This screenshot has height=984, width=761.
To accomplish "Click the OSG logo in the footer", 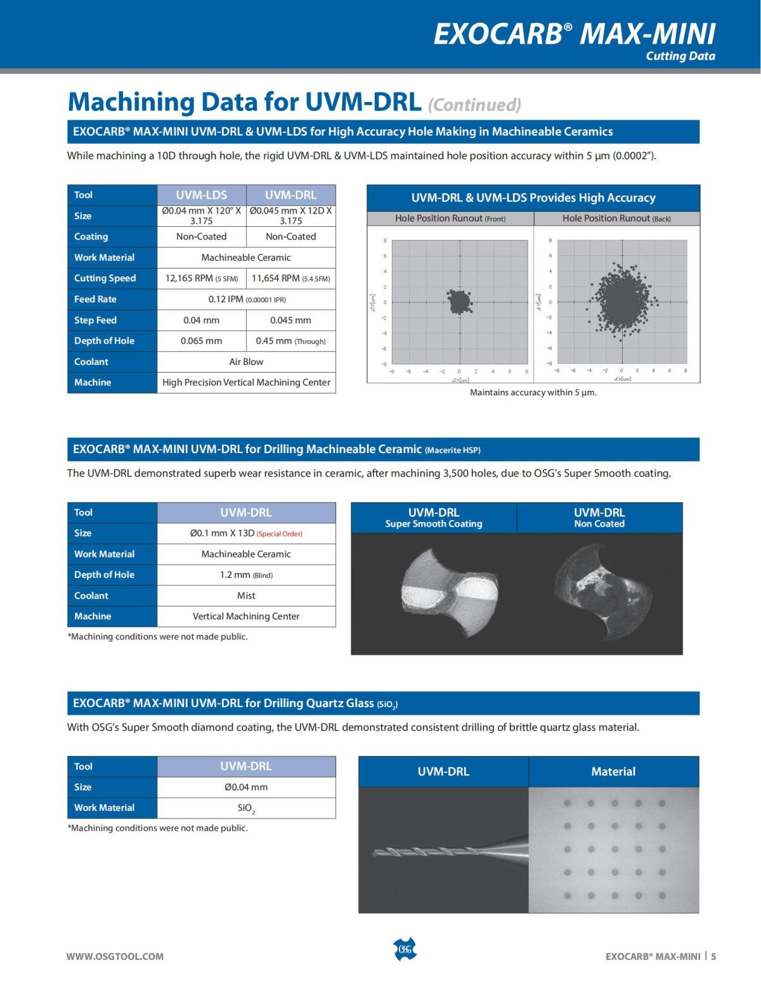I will point(405,949).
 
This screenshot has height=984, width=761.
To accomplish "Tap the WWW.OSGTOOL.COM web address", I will point(115,956).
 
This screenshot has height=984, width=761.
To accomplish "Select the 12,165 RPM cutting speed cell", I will point(201,278).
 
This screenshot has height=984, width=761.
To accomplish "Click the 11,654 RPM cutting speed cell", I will point(290,278).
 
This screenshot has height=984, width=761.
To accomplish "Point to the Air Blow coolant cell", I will point(246,362).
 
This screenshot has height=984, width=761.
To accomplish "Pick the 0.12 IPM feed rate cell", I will point(246,299).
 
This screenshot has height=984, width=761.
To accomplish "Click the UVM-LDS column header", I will point(201,195).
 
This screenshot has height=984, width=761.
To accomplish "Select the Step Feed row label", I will point(95,320).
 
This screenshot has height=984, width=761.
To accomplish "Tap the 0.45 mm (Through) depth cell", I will point(290,341).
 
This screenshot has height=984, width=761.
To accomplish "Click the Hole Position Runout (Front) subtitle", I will point(450,219).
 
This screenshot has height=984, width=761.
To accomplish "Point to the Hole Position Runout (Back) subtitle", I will point(616,219).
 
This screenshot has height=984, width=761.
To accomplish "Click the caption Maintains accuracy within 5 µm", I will point(533,392).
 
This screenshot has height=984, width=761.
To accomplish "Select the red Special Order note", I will point(279,534).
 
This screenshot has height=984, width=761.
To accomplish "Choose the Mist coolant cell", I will point(246,596).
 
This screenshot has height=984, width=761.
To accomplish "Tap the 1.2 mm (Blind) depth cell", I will point(246,575).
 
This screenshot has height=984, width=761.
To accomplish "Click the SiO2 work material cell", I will point(246,808).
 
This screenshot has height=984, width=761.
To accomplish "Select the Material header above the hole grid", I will point(613,771).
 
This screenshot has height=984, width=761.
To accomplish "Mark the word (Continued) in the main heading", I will point(474,105).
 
